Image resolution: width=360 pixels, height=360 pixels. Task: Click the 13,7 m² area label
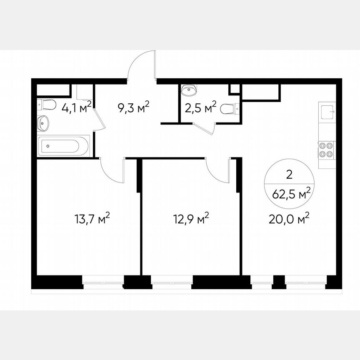(x=92, y=219)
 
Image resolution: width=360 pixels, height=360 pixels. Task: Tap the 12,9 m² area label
(x=191, y=219)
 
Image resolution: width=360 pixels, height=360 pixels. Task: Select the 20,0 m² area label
(x=290, y=219)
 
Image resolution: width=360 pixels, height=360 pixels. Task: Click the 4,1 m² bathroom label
(x=76, y=108)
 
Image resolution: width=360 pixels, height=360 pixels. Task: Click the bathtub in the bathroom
(x=64, y=146)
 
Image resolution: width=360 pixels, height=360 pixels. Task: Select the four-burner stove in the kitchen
(x=325, y=150)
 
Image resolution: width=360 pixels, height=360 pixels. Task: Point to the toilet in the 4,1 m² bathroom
(x=47, y=104)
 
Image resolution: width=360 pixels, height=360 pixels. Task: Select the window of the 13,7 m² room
(x=102, y=282)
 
